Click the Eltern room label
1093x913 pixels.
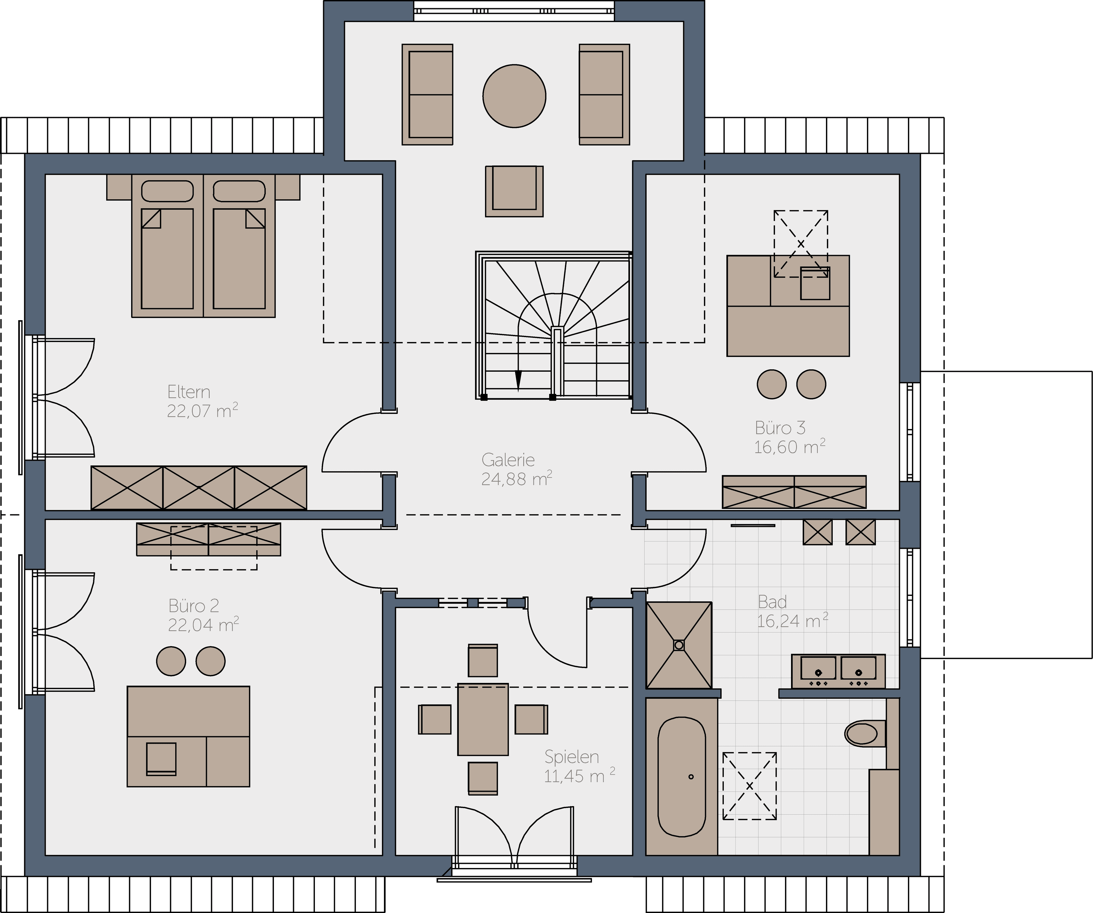point(189,392)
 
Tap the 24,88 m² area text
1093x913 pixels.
point(516,479)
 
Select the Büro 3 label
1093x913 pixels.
point(780,428)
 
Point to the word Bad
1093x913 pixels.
point(772,602)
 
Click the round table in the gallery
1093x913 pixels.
point(514,96)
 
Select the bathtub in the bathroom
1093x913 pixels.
point(682,777)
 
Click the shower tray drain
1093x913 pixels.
point(679,645)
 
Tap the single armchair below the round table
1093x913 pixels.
point(514,191)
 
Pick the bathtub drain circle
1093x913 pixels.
point(691,777)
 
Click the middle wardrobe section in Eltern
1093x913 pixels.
point(199,488)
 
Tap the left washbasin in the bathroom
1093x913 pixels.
point(818,671)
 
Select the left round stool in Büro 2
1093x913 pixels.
point(171,661)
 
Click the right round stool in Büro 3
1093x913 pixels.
point(811,384)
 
